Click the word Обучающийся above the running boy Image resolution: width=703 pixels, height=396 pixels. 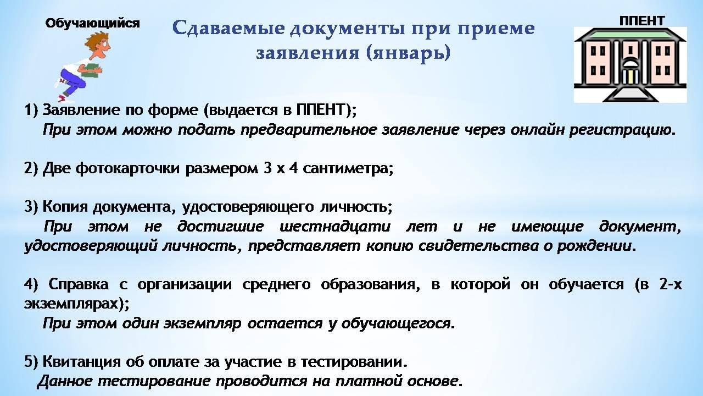pyautogui.click(x=93, y=24)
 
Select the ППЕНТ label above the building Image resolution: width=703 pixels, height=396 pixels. pyautogui.click(x=642, y=21)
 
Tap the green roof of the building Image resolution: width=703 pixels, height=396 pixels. pyautogui.click(x=630, y=34)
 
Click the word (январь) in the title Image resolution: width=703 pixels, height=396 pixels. pyautogui.click(x=408, y=53)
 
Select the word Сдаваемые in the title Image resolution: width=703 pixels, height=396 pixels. pyautogui.click(x=228, y=28)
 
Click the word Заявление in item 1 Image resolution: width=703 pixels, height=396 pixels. pyautogui.click(x=81, y=109)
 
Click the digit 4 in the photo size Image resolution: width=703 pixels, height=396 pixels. pyautogui.click(x=293, y=168)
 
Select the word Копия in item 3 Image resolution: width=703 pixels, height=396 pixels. pyautogui.click(x=64, y=207)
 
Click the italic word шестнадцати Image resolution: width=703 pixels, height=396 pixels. pyautogui.click(x=335, y=227)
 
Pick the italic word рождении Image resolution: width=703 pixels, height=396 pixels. pyautogui.click(x=594, y=246)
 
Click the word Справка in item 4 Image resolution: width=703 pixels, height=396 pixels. pyautogui.click(x=79, y=284)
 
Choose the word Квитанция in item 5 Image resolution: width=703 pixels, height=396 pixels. pyautogui.click(x=81, y=362)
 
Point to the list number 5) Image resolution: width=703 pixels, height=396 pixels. pyautogui.click(x=31, y=362)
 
